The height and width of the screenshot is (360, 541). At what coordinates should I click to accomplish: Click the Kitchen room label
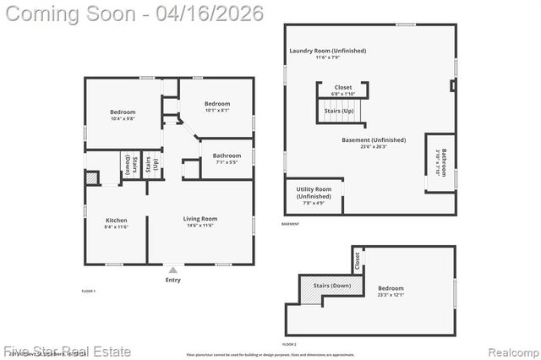click(x=116, y=221)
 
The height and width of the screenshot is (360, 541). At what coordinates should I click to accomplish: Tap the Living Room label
click(x=200, y=219)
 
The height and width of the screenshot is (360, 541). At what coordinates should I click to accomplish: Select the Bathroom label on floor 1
click(x=227, y=155)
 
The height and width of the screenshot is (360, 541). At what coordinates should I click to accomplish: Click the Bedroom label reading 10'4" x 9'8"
click(x=123, y=112)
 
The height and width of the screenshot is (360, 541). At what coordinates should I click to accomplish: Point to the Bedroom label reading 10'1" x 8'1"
click(x=217, y=104)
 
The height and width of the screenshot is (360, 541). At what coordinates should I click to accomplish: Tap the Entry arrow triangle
click(x=172, y=270)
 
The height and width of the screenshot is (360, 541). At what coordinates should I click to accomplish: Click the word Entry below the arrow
click(x=172, y=280)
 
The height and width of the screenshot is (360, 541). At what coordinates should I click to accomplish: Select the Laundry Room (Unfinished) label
click(x=327, y=51)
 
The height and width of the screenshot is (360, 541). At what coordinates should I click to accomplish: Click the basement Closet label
click(x=343, y=87)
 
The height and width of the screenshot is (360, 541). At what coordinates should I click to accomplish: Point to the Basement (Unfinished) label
click(x=373, y=140)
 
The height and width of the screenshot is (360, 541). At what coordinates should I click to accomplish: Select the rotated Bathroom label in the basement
click(x=442, y=161)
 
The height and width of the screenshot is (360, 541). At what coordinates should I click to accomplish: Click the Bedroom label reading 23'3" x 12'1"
click(x=391, y=288)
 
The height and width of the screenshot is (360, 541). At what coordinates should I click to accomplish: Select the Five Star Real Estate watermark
click(x=67, y=350)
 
